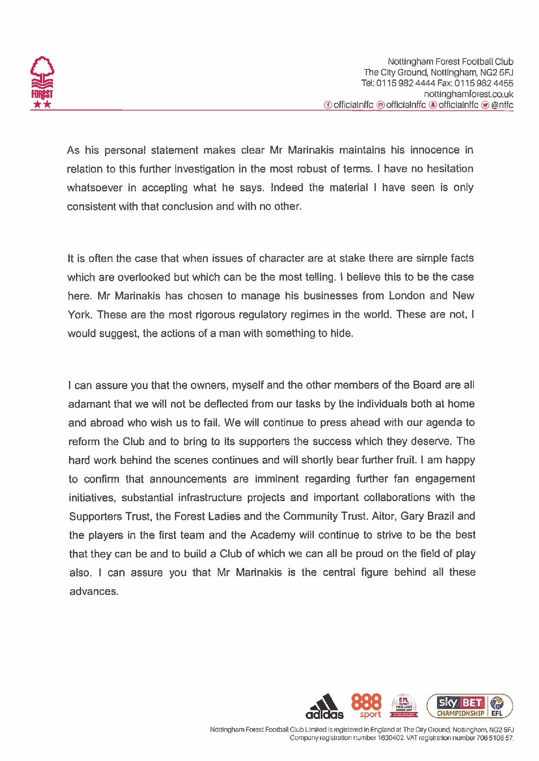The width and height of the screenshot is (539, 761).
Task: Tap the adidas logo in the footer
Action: pyautogui.click(x=324, y=708)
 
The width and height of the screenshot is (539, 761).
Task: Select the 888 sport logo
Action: pyautogui.click(x=367, y=706)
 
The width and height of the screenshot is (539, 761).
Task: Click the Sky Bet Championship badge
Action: pyautogui.click(x=469, y=706)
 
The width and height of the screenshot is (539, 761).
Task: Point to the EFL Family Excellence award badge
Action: pyautogui.click(x=404, y=706)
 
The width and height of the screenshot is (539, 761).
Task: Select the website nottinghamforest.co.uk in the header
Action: pyautogui.click(x=468, y=94)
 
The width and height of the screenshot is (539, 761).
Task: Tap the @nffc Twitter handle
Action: pyautogui.click(x=502, y=105)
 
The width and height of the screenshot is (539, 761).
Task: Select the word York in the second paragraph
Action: pyautogui.click(x=79, y=315)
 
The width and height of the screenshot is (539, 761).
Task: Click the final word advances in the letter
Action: pyautogui.click(x=93, y=591)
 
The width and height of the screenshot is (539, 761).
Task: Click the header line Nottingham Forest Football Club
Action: pyautogui.click(x=450, y=62)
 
